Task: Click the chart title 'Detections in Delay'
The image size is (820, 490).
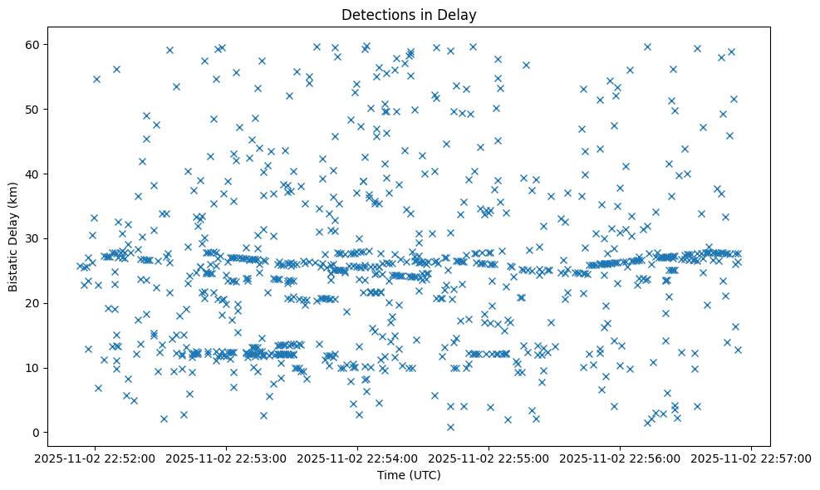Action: click(409, 14)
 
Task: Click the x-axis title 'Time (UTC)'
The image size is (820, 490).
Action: click(409, 476)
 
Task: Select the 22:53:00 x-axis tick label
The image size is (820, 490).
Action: click(226, 458)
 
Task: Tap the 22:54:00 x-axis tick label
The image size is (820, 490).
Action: click(357, 458)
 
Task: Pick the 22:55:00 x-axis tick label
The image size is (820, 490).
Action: click(489, 458)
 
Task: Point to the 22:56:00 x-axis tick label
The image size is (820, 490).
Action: click(621, 458)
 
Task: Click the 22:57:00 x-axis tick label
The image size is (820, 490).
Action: click(752, 458)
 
